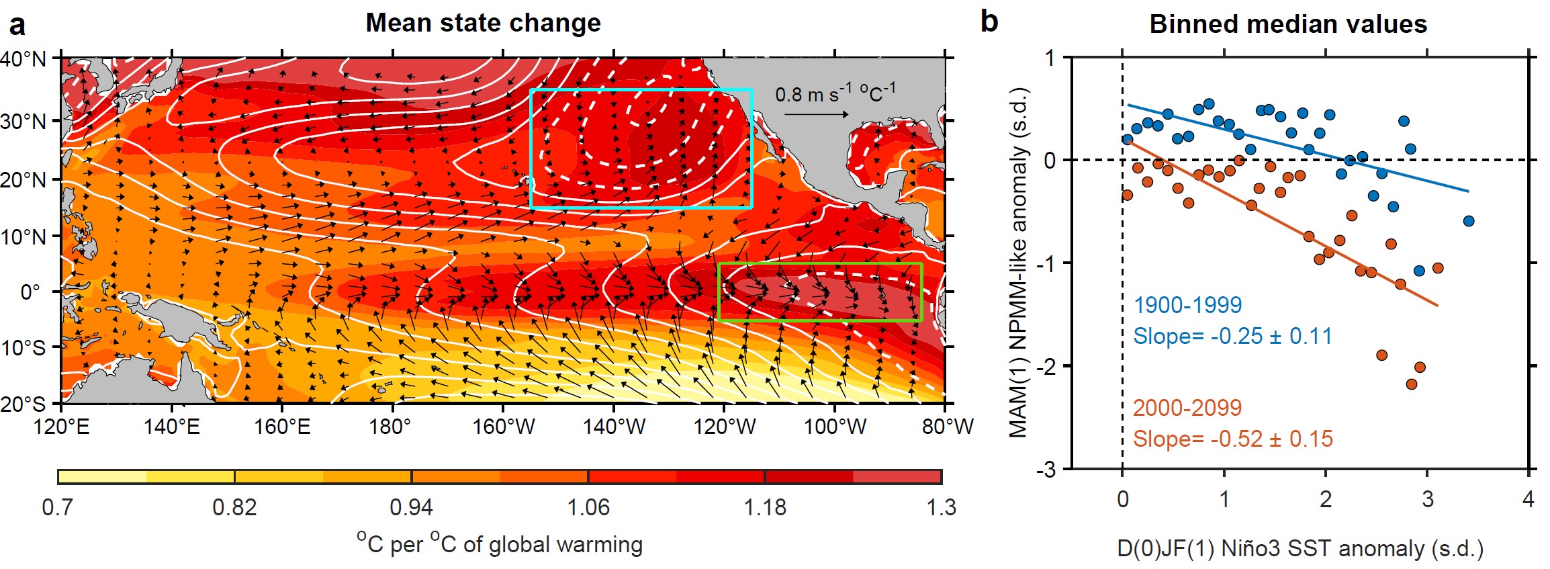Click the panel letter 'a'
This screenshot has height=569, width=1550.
[x=17, y=25]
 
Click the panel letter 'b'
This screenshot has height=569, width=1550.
[x=989, y=21]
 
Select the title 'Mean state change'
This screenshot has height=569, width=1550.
[x=483, y=23]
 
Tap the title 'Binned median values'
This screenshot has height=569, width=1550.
[x=1288, y=24]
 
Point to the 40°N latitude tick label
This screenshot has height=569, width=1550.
[x=24, y=59]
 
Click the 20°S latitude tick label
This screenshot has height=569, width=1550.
[x=24, y=404]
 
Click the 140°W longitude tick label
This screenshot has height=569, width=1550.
[x=614, y=427]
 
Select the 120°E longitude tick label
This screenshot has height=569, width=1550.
[x=61, y=427]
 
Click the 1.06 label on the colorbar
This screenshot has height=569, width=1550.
[x=588, y=507]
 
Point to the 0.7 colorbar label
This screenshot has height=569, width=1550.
[x=58, y=507]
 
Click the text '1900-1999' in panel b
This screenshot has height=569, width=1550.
[x=1187, y=305]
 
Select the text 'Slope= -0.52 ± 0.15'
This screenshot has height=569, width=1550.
[x=1232, y=439]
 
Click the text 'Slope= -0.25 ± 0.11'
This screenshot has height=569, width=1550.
[x=1232, y=336]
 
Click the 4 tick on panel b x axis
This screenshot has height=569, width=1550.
[x=1529, y=499]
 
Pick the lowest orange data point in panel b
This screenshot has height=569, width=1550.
[x=1411, y=384]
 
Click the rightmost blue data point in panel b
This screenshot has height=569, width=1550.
[x=1469, y=221]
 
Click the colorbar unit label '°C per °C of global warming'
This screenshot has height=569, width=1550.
[x=500, y=543]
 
